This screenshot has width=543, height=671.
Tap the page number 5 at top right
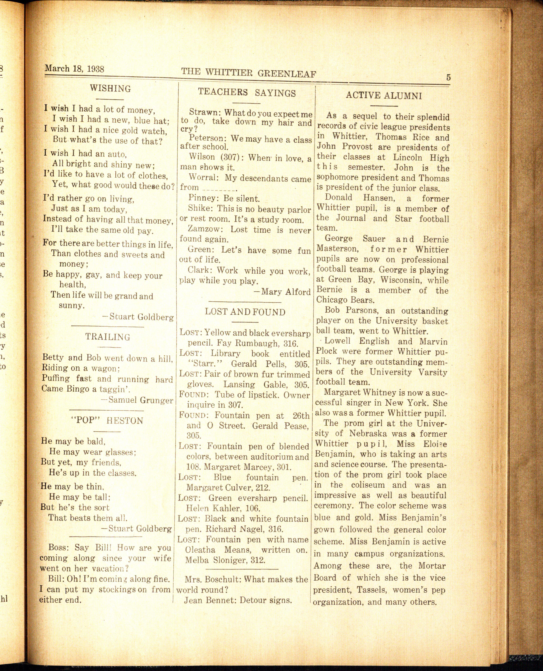(448, 77)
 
